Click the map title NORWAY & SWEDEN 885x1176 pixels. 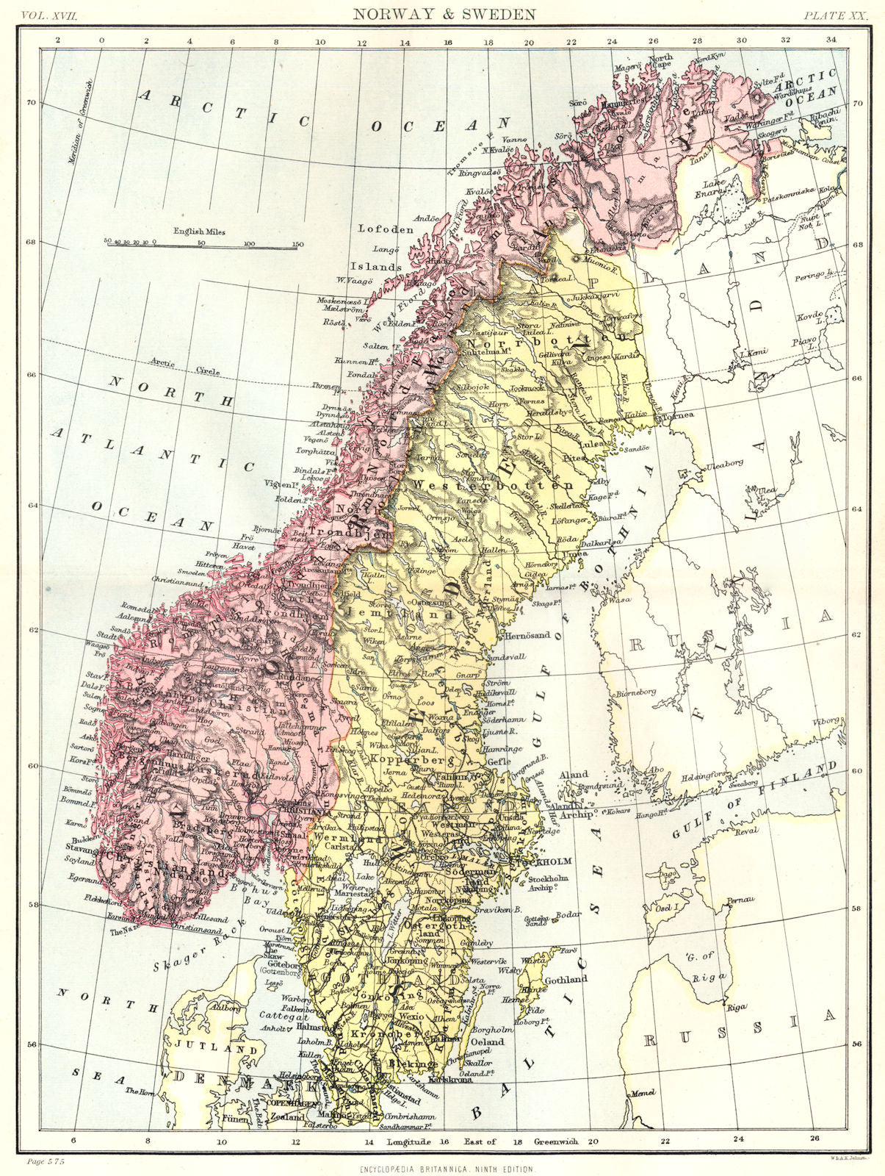coord(444,13)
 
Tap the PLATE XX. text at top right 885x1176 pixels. coord(835,14)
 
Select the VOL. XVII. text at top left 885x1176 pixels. coord(51,14)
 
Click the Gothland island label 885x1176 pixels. coord(565,980)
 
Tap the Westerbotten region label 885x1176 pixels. coord(493,485)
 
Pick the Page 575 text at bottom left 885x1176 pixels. coord(46,1161)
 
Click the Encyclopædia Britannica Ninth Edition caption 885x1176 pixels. coord(447,1168)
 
